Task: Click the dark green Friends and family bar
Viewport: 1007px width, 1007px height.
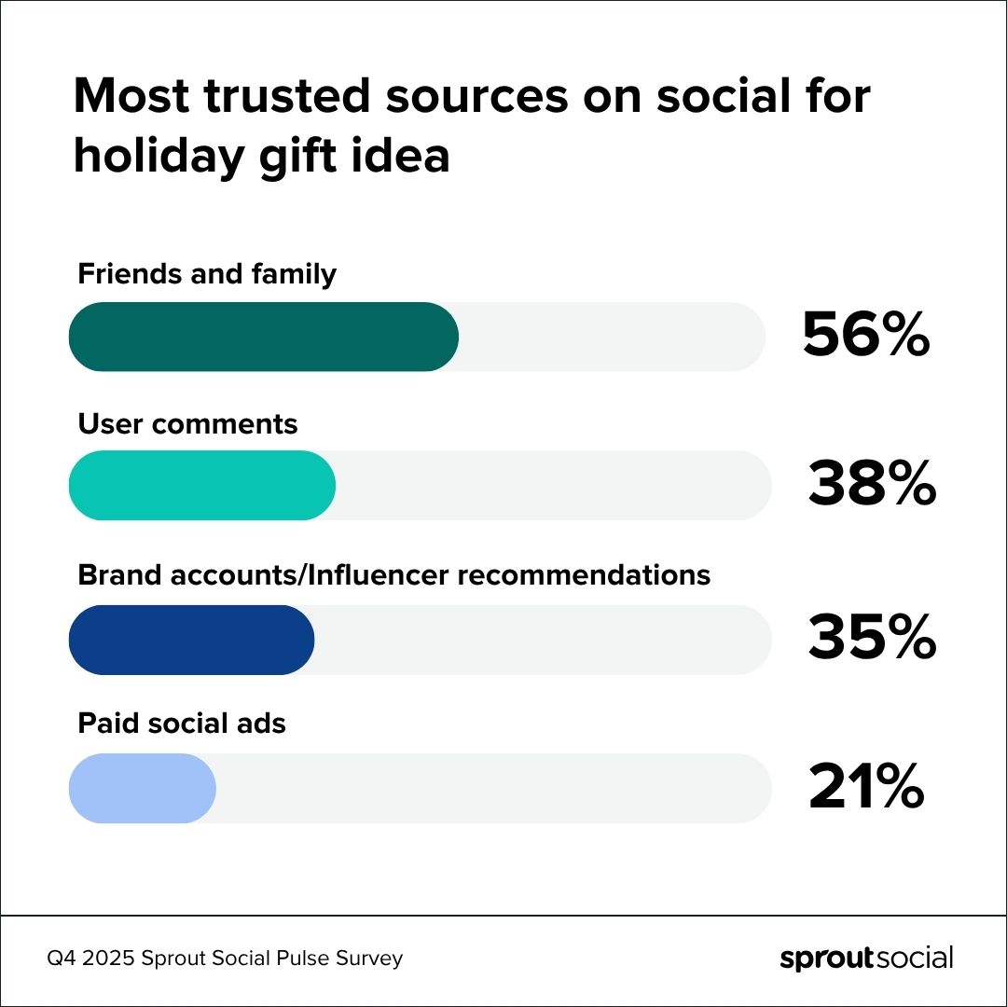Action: (x=264, y=337)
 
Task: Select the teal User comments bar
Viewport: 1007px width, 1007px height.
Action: (x=202, y=486)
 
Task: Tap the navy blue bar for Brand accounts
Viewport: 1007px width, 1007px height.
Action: (x=192, y=640)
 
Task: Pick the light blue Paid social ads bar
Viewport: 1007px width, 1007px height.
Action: (x=143, y=789)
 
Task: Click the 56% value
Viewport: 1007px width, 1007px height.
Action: (x=865, y=336)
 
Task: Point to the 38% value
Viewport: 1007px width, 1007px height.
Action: (x=871, y=486)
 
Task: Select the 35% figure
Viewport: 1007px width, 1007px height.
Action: (x=871, y=640)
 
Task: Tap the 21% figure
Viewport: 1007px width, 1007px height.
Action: (x=865, y=789)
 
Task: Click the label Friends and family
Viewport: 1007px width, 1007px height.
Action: (x=206, y=274)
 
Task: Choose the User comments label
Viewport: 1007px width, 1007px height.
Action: (x=187, y=424)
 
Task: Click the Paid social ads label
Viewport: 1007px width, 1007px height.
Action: (x=182, y=723)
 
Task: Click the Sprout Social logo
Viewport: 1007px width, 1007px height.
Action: (x=866, y=959)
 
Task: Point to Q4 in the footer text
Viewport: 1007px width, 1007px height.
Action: (x=62, y=959)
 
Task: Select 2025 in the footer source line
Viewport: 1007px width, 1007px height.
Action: (x=110, y=959)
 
